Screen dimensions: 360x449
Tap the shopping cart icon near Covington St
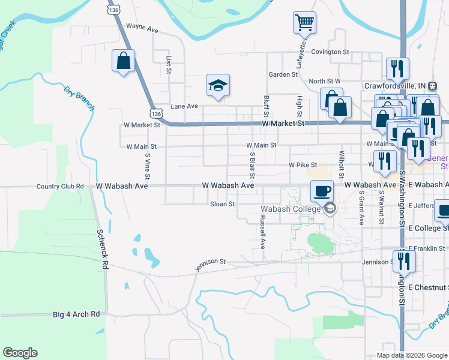304,23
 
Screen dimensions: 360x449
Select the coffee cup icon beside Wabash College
322,191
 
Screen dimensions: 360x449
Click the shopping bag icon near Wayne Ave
123,61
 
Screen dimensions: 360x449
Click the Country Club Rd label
59,187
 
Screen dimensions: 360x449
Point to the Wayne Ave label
142,27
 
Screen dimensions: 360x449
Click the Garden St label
283,75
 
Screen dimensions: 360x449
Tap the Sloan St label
221,204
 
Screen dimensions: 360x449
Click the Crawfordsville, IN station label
395,85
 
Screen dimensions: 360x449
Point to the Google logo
20,353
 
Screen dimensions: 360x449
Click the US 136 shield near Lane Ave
156,113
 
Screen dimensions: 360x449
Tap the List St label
169,65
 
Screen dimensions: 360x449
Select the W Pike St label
303,164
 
